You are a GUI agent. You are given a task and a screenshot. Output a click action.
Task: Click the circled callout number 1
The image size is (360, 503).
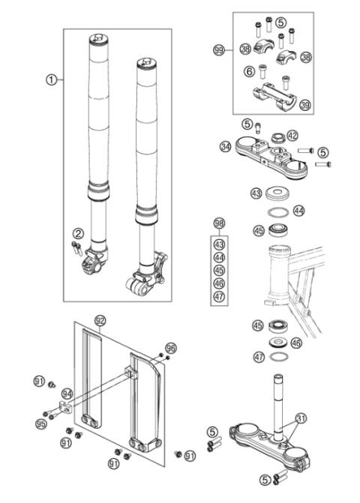(x=50, y=80)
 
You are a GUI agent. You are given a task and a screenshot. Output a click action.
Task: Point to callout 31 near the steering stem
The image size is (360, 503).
(x=300, y=419)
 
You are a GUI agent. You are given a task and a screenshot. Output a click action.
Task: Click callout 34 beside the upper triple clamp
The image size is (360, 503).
(x=225, y=147)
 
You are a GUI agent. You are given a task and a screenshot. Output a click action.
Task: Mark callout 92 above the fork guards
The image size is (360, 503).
(x=100, y=320)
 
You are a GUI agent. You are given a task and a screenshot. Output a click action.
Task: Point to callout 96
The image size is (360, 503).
(x=171, y=348)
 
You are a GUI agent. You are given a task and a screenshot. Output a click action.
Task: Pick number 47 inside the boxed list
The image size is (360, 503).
(x=219, y=296)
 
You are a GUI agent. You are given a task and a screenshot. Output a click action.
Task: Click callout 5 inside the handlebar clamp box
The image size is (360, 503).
(x=280, y=22)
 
